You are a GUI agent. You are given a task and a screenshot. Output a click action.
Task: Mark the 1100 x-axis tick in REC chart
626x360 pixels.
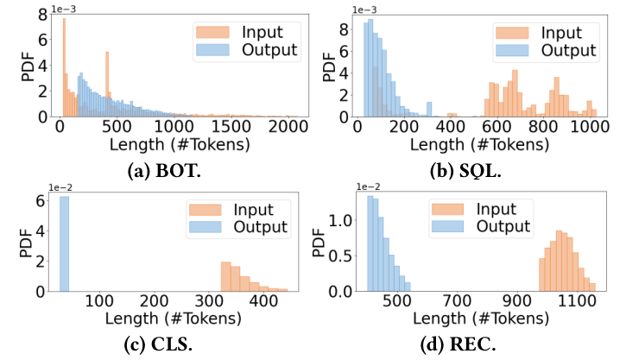579,301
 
